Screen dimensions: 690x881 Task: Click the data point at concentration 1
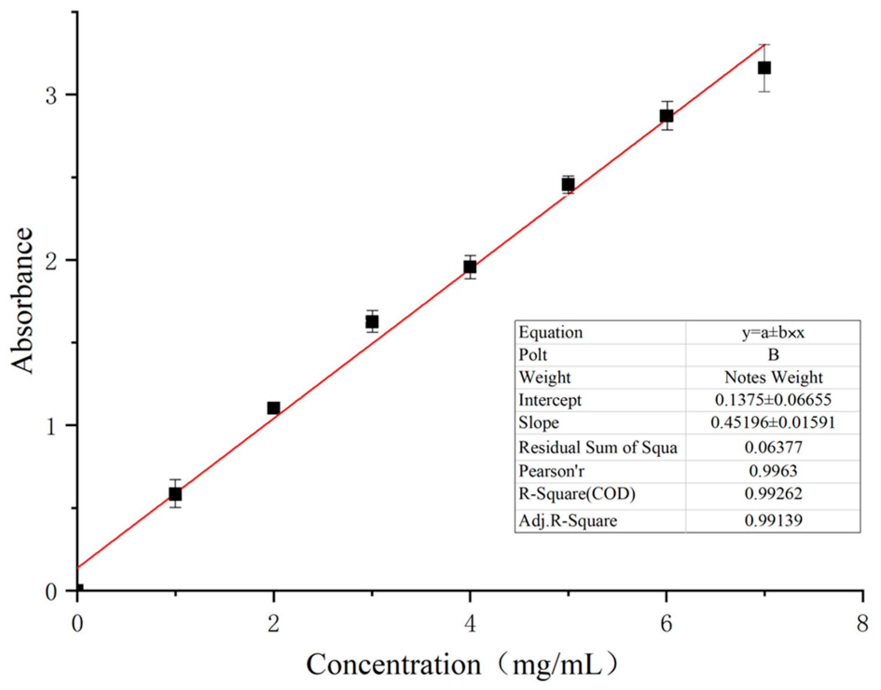click(x=175, y=494)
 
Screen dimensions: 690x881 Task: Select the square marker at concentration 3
click(x=372, y=322)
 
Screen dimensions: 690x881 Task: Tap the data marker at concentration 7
click(x=764, y=68)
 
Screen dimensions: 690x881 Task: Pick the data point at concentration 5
click(x=568, y=185)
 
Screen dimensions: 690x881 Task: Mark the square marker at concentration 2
click(x=274, y=408)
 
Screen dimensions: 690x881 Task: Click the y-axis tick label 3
click(x=51, y=96)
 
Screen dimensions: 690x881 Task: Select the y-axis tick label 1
click(x=51, y=427)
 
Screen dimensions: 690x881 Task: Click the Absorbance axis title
click(x=22, y=301)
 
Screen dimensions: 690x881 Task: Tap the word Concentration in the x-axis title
click(x=393, y=664)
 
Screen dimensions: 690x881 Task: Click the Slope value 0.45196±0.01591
click(x=773, y=422)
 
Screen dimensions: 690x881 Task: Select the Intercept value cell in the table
click(x=773, y=400)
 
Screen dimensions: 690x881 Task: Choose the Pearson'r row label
click(x=551, y=471)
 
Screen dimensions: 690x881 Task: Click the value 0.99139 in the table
click(x=773, y=520)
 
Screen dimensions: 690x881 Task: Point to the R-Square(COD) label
click(x=577, y=493)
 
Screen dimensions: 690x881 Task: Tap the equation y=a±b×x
click(x=773, y=332)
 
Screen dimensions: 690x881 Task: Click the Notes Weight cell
click(x=773, y=377)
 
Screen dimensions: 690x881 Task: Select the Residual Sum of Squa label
click(x=598, y=448)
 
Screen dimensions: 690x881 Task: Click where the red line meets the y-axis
click(x=78, y=567)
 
